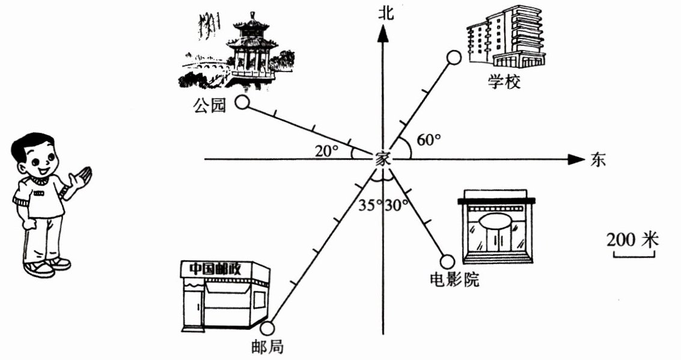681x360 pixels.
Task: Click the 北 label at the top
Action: [x=385, y=13]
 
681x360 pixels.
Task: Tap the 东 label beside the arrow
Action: [x=598, y=160]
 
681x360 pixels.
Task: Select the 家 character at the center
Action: [x=383, y=160]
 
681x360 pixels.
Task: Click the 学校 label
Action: [x=504, y=82]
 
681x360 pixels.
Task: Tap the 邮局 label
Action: [x=268, y=347]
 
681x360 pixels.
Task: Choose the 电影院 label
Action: [x=455, y=279]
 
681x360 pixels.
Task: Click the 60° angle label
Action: [x=429, y=140]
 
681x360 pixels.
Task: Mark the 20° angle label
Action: [x=327, y=151]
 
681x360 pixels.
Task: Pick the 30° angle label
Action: [x=397, y=205]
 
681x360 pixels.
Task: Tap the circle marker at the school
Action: [x=454, y=58]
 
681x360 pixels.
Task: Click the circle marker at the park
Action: [x=242, y=102]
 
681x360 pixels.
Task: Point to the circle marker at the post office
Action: [x=267, y=328]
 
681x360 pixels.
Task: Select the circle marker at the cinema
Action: [x=447, y=261]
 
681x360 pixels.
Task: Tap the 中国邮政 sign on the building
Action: [x=215, y=268]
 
